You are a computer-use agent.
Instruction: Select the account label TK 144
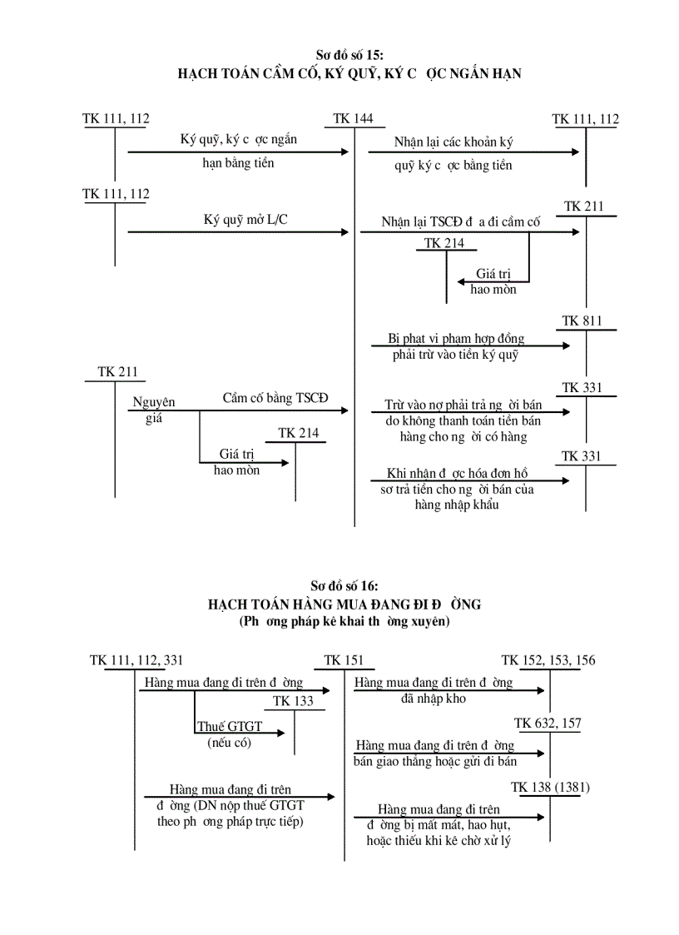353,119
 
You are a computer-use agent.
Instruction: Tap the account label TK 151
344,661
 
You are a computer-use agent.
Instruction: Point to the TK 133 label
293,701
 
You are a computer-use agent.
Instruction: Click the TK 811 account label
582,321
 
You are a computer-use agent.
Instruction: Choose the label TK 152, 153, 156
548,661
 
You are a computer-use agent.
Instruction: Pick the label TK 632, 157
548,724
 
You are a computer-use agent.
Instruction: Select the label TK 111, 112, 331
136,661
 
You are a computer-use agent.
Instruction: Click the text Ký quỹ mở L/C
240,221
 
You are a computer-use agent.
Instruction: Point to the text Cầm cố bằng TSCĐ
275,398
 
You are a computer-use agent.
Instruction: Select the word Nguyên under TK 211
154,403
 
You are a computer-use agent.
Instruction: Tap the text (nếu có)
229,744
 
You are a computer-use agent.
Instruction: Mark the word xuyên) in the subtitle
427,621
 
